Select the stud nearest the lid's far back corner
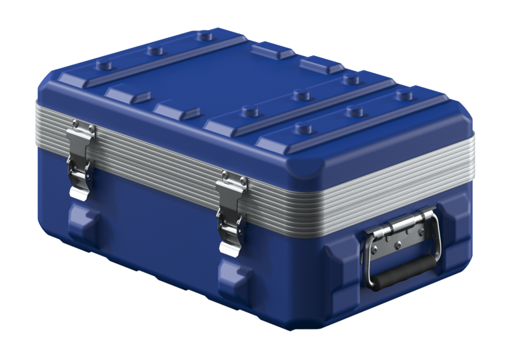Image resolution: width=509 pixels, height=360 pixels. pos(205,36)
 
